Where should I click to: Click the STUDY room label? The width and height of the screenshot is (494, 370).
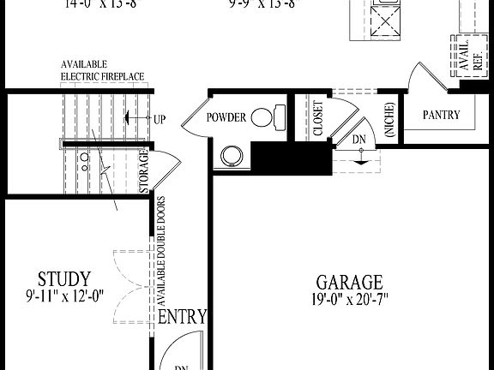(64, 278)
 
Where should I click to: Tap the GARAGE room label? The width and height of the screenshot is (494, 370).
(349, 282)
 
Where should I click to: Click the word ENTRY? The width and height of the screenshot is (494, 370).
(182, 318)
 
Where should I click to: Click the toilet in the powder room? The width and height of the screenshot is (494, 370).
(274, 116)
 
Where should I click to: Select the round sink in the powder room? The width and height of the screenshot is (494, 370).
(232, 154)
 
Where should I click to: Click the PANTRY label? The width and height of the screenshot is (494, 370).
(443, 115)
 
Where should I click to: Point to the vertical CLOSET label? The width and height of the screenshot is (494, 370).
(317, 121)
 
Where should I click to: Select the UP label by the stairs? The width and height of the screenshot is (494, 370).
(159, 118)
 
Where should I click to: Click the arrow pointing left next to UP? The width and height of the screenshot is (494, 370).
(131, 117)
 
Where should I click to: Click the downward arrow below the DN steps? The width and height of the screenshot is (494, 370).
(361, 158)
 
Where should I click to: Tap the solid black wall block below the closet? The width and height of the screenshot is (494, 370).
(289, 158)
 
